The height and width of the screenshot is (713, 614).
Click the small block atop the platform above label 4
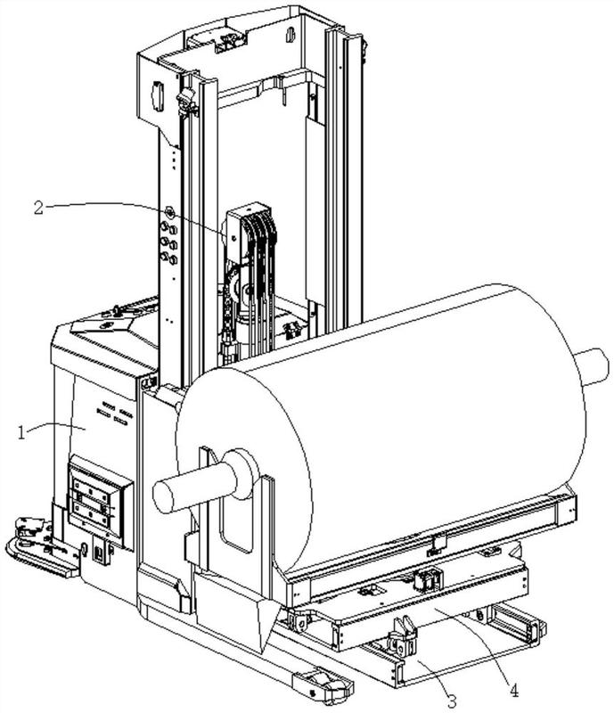(426, 579)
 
